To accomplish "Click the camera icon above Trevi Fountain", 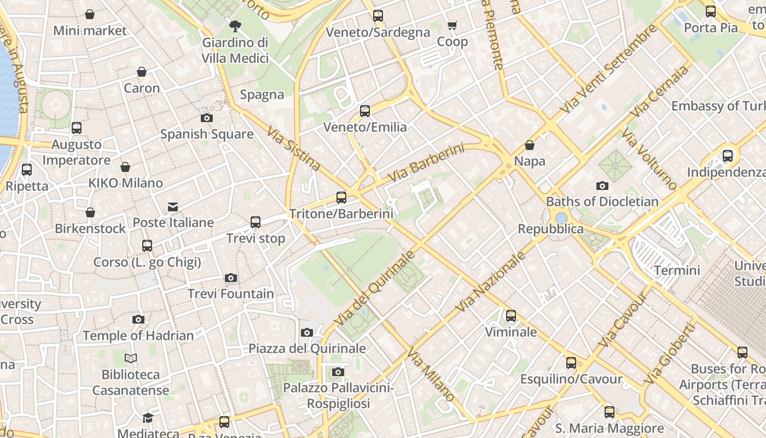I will pos(231,278).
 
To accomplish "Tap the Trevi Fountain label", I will pos(231,293).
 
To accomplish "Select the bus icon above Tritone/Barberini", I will pos(341,197).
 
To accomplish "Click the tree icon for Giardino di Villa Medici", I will pos(235,26).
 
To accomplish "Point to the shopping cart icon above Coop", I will pos(452,26).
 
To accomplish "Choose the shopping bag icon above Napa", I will pos(530,145).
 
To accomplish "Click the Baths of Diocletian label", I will pos(602,201).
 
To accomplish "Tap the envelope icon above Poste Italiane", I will pos(173,206).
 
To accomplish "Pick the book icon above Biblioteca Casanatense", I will pos(131,359).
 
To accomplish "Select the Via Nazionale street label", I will pos(490,281).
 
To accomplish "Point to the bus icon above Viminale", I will pos(510,316).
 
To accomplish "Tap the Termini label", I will pos(677,270).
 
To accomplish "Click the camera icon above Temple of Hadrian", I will pos(138,319).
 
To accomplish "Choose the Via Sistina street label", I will pos(294,148).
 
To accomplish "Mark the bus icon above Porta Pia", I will pos(710,11).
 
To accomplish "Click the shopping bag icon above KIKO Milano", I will pos(125,167).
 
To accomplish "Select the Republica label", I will pos(550,229).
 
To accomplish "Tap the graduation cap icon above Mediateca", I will pos(148,418).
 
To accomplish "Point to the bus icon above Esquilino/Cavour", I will pos(571,362).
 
